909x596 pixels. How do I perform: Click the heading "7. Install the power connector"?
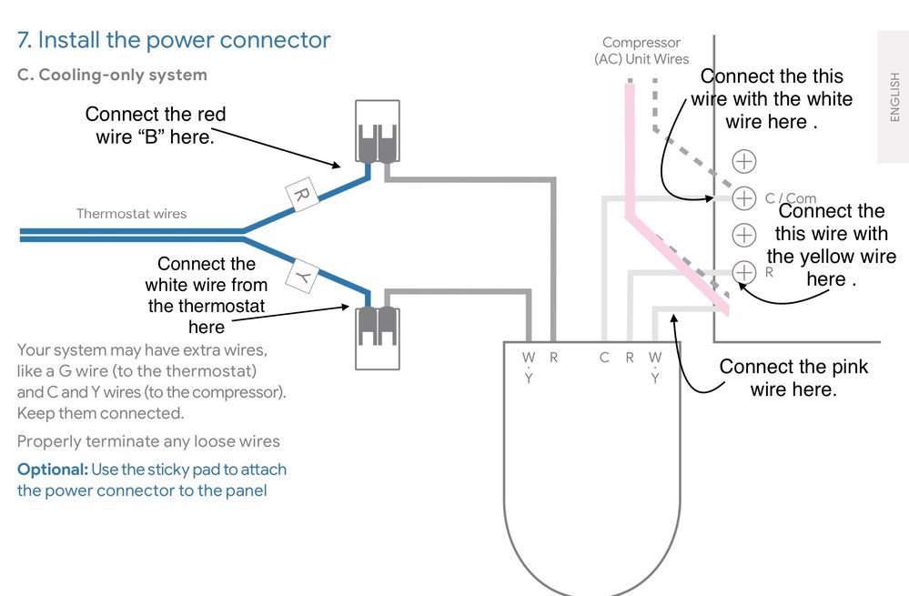(x=174, y=40)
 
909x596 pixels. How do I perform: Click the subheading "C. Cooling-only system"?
(x=112, y=75)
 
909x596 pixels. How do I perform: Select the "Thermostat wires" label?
(x=131, y=214)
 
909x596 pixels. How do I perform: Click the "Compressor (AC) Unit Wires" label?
(x=641, y=51)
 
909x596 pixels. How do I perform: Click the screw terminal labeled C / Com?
(x=744, y=197)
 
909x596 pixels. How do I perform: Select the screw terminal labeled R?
(x=744, y=271)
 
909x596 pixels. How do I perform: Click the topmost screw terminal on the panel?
(x=744, y=161)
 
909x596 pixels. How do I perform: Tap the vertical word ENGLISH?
(x=894, y=96)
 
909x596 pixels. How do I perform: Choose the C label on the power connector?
(x=603, y=358)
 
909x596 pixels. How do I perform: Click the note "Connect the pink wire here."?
(x=793, y=378)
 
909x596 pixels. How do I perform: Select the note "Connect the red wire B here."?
(x=155, y=126)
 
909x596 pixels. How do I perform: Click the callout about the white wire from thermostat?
(x=206, y=295)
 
